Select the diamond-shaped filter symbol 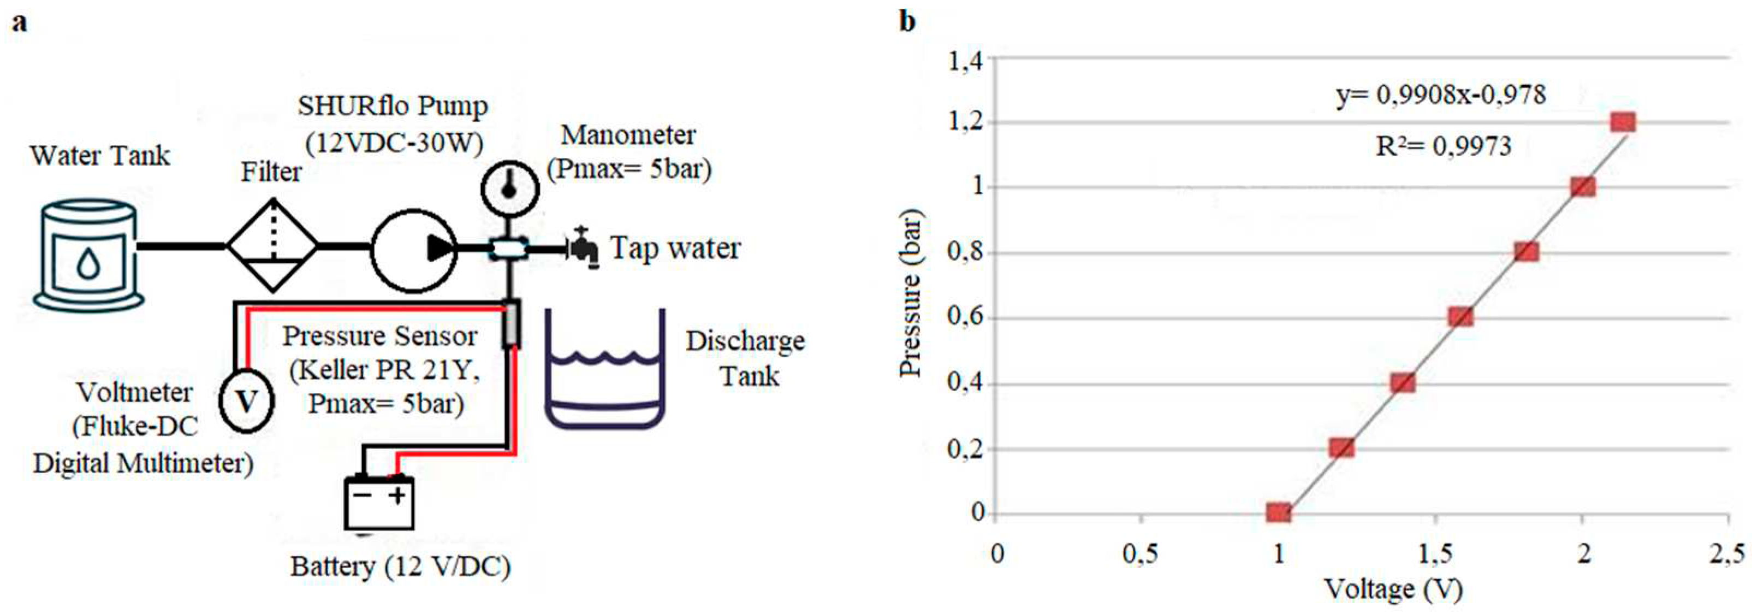[x=272, y=246]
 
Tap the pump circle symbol [x=413, y=249]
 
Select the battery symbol [x=379, y=502]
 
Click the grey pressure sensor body [x=511, y=325]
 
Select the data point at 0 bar [x=1279, y=512]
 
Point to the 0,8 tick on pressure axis [x=966, y=252]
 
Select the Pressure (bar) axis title [x=910, y=292]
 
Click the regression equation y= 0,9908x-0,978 [x=1440, y=95]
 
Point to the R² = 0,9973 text [x=1443, y=145]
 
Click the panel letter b [x=907, y=22]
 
